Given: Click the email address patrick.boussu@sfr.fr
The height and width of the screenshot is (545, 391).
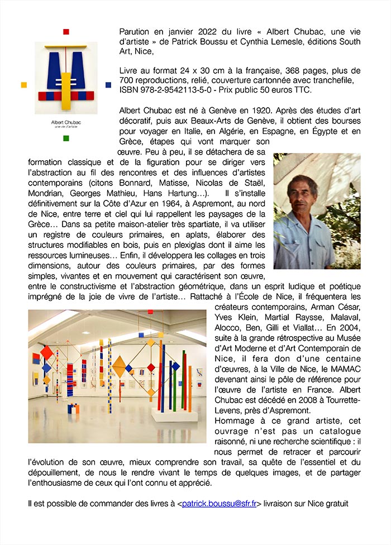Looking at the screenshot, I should point(219,503).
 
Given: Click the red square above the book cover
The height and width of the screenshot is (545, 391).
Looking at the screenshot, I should point(66,31).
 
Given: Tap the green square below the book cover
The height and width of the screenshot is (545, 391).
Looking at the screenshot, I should point(66,138).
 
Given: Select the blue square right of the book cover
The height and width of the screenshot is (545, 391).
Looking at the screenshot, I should point(108,85).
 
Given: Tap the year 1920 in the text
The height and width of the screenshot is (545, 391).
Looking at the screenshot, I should point(249,111).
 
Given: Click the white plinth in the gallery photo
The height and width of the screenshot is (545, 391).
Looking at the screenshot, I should point(174,414).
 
